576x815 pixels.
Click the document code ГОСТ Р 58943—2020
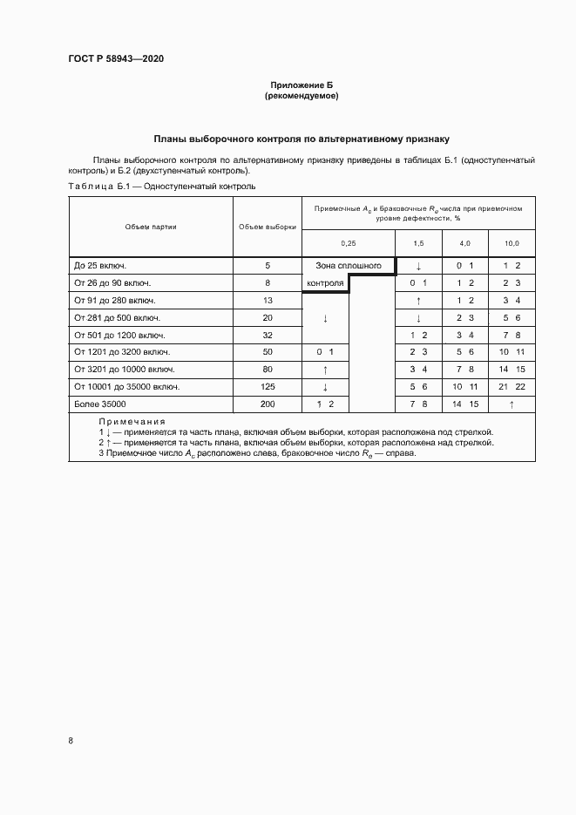(115, 59)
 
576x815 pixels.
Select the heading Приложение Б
(302, 85)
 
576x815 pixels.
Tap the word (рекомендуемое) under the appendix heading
(302, 96)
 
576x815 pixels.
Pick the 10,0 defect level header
(511, 242)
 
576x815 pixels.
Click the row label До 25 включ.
(101, 265)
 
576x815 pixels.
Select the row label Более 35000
(100, 404)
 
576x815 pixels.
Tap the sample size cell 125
(268, 386)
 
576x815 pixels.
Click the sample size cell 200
(268, 404)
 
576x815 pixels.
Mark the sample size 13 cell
(268, 300)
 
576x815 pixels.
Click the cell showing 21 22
(511, 386)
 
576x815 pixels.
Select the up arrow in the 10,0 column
(511, 404)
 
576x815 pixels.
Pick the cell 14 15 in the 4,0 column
(464, 404)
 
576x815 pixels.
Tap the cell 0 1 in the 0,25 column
(325, 351)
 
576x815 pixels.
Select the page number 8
(71, 740)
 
